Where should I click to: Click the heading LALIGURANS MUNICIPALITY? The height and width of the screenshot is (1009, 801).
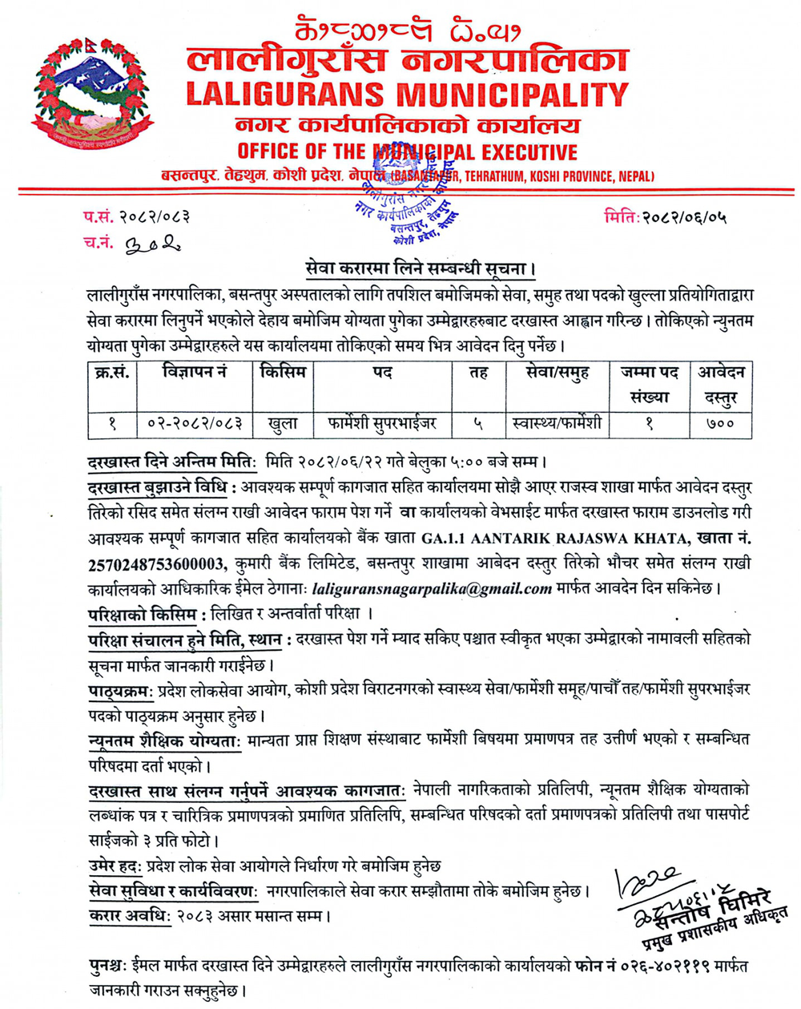click(x=407, y=95)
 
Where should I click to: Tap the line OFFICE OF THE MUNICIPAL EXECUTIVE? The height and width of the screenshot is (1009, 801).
click(x=407, y=152)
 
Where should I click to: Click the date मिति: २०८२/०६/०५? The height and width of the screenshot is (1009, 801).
click(x=666, y=216)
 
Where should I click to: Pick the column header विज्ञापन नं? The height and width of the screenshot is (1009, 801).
click(x=194, y=373)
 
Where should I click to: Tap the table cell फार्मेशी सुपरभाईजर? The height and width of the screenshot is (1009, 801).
click(x=382, y=422)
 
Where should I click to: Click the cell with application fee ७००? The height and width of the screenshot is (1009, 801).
click(x=720, y=422)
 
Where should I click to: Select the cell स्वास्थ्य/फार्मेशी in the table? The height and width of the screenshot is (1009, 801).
click(x=557, y=422)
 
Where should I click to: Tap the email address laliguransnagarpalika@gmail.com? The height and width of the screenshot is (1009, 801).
click(x=433, y=589)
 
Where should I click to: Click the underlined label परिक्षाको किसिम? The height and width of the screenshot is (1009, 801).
click(x=142, y=614)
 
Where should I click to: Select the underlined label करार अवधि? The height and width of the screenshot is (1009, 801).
click(x=129, y=915)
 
